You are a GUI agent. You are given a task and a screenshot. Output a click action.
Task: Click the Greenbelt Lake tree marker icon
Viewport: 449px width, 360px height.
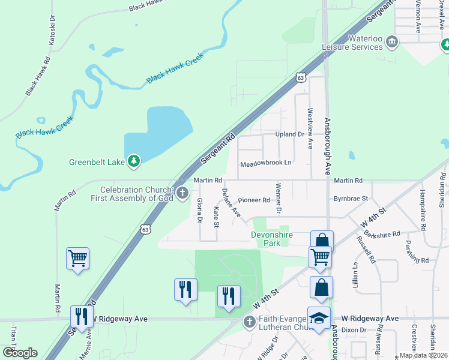(x=133, y=161)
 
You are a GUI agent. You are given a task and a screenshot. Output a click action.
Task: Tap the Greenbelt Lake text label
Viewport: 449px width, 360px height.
(x=96, y=161)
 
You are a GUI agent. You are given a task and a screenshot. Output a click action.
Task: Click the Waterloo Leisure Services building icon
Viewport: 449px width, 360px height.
(x=392, y=41)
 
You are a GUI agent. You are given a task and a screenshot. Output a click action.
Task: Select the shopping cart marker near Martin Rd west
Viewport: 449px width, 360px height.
(x=78, y=259)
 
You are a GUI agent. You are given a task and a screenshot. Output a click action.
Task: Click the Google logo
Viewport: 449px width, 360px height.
(x=20, y=352)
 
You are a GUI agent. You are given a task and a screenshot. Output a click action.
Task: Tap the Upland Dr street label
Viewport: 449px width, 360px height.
(x=289, y=134)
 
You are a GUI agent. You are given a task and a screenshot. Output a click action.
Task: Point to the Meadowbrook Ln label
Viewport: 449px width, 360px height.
(x=265, y=163)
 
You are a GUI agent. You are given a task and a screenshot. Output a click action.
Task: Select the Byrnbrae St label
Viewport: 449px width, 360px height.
(x=351, y=197)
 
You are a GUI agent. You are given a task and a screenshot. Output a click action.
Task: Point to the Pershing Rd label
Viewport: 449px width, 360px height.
(x=416, y=260)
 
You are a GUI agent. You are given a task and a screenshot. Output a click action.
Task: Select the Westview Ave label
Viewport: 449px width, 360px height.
(x=310, y=128)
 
